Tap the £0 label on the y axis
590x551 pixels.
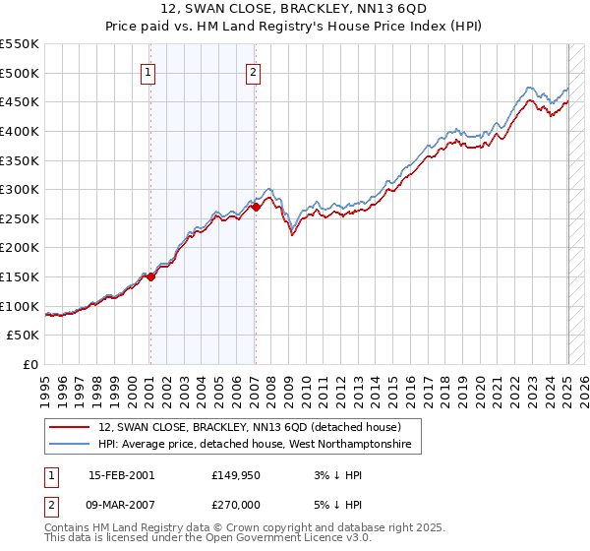(32, 365)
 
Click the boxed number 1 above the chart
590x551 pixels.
(148, 71)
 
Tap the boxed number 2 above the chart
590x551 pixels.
(254, 71)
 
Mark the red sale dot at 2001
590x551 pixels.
(151, 277)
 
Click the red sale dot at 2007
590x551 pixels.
(256, 208)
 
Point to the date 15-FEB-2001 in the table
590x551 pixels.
(122, 474)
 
